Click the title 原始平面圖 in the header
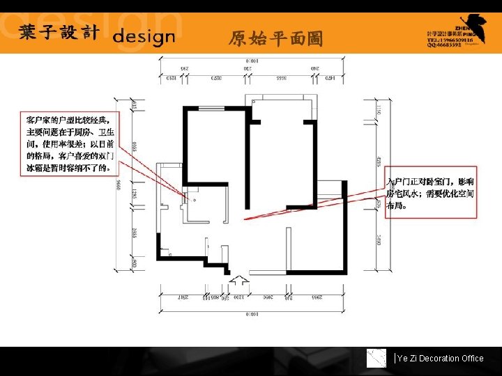coord(276,39)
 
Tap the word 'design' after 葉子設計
coord(144,36)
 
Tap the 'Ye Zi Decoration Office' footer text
coord(440,359)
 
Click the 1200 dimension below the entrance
coord(238,298)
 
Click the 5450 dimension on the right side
coord(378,240)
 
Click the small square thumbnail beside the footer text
coord(377,358)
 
